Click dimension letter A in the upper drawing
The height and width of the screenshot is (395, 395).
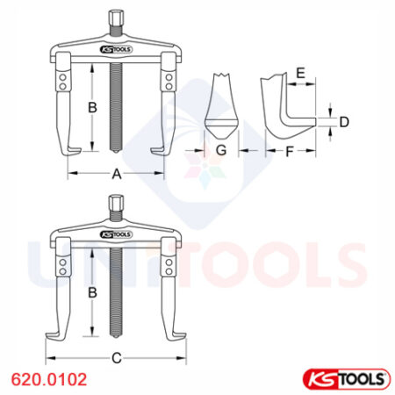[x=116, y=174]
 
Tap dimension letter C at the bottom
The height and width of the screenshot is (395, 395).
[x=117, y=359]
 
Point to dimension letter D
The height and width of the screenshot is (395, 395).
[x=344, y=121]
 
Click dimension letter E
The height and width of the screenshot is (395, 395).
[x=300, y=75]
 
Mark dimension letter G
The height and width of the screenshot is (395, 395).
[x=221, y=151]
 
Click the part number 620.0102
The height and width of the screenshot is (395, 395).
[x=48, y=379]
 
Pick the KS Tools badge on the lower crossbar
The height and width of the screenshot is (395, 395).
[x=116, y=235]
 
